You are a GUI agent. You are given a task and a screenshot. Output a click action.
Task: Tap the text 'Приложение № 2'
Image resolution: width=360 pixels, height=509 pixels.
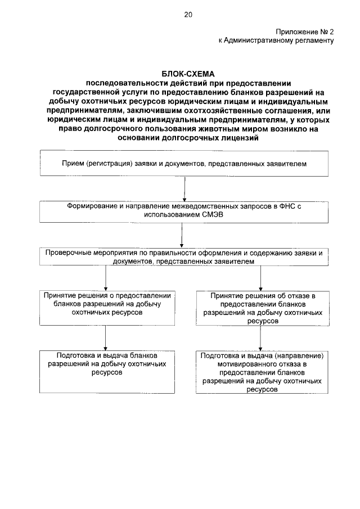[305, 31]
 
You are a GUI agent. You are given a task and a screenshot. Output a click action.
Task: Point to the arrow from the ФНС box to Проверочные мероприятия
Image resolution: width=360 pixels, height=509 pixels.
[181, 236]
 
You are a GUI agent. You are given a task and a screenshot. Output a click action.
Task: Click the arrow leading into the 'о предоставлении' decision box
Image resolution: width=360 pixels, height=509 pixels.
[106, 278]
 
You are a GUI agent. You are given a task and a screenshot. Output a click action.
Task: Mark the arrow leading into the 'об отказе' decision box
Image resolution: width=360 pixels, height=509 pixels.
[260, 278]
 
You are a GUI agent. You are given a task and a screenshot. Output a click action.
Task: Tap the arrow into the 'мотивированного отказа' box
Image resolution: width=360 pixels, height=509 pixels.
[260, 340]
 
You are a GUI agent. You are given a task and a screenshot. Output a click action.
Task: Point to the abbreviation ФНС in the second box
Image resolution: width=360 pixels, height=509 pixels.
[286, 206]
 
